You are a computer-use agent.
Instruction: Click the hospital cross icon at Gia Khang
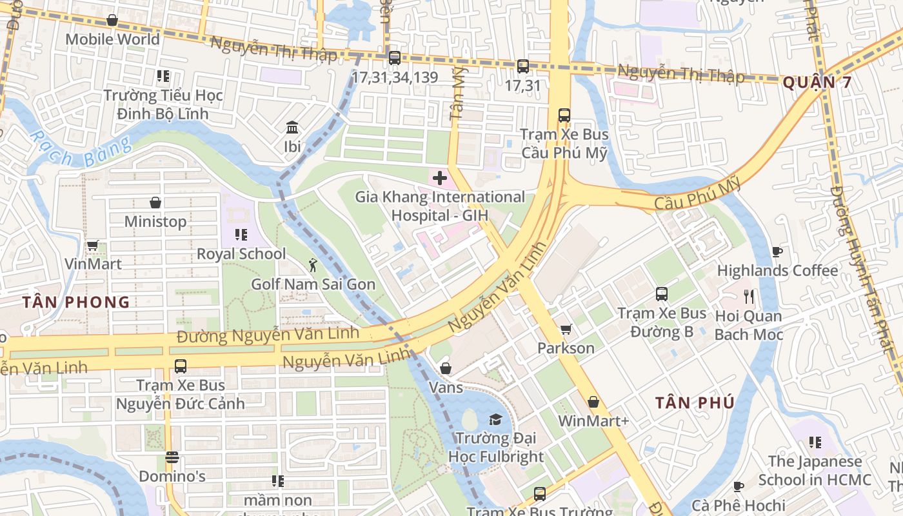440,177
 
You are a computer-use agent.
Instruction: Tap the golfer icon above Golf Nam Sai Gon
313,264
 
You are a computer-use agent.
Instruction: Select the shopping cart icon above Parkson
566,330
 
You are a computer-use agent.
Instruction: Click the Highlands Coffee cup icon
777,252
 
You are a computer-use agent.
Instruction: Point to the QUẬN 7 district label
817,83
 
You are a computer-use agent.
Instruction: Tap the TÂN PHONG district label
76,302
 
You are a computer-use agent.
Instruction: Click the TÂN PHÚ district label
695,403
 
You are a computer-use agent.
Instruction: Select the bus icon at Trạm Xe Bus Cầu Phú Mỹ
564,115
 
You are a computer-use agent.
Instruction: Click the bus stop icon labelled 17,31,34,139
395,58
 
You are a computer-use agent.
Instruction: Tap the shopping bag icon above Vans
445,368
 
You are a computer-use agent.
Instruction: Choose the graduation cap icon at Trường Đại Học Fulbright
495,420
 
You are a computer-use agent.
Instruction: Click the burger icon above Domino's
172,457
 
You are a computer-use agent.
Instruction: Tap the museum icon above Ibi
292,127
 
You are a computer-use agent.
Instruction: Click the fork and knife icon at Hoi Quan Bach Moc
749,297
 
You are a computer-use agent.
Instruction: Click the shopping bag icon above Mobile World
112,20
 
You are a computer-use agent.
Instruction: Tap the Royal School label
241,253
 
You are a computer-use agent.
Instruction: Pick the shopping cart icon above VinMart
92,245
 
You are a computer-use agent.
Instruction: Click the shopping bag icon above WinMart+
593,402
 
